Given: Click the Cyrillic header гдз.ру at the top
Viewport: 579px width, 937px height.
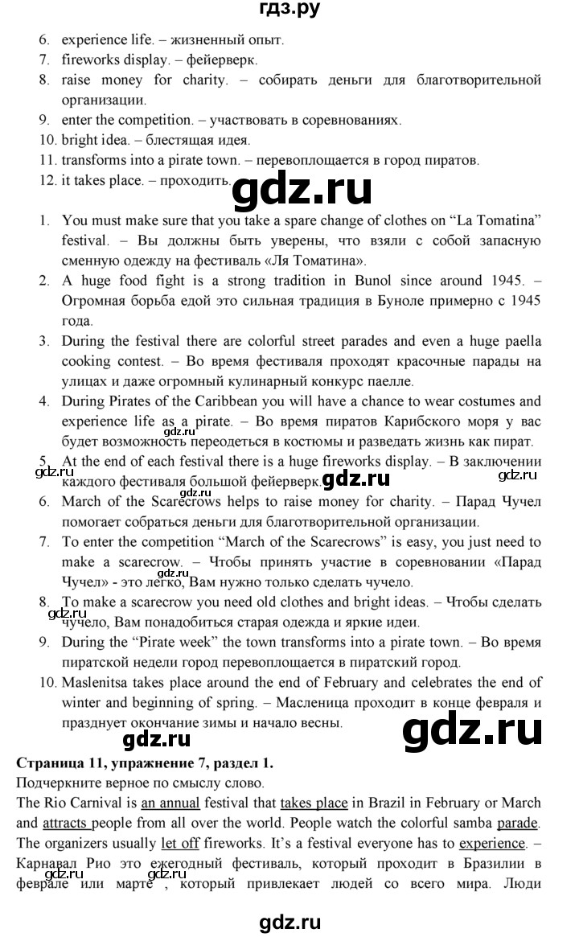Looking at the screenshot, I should tap(289, 12).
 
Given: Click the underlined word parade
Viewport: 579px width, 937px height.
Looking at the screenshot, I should tap(519, 823).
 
